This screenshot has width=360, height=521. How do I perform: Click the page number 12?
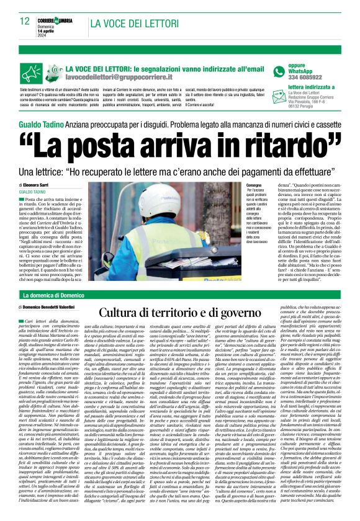(x=24, y=21)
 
